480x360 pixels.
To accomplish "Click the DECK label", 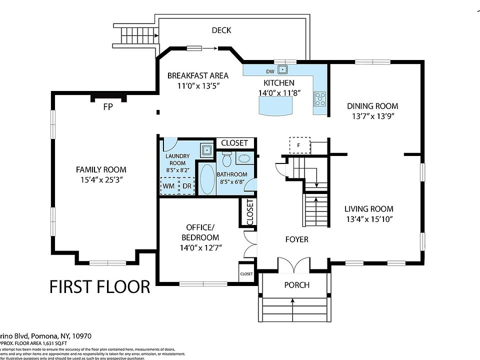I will [x=221, y=30].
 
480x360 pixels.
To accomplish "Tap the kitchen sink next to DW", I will [x=282, y=69].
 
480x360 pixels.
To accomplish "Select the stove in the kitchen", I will [x=319, y=98].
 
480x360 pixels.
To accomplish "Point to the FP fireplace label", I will [x=107, y=106].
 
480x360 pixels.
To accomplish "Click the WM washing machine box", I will [x=169, y=185].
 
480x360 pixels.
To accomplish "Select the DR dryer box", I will [x=186, y=185].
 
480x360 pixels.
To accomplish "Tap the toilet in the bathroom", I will [x=226, y=159].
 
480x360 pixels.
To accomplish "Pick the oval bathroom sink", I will [x=244, y=159].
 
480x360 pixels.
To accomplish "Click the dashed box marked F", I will [x=299, y=145].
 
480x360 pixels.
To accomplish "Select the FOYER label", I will [x=297, y=239].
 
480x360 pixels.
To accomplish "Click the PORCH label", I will [x=297, y=285].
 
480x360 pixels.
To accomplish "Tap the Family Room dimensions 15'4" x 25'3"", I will [x=101, y=179].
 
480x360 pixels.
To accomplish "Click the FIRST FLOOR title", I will [x=100, y=286].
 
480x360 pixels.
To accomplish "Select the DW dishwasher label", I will [x=269, y=71].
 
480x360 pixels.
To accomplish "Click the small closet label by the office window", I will [x=246, y=274].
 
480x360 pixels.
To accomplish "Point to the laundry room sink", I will [x=205, y=149].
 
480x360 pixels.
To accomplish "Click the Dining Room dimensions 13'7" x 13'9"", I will [x=373, y=116].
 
